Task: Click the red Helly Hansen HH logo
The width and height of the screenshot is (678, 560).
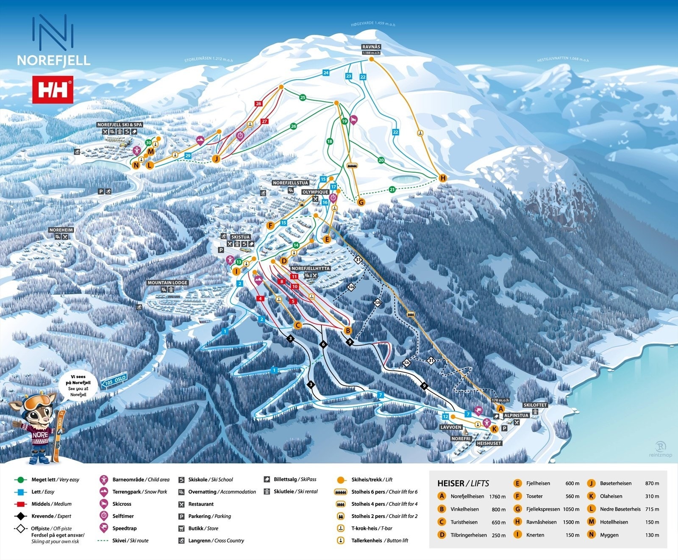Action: coord(53,90)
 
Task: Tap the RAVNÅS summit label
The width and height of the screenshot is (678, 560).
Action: coord(371,47)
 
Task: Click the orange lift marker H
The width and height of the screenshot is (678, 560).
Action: coord(443,178)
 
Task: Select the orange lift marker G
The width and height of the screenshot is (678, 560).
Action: coord(361,202)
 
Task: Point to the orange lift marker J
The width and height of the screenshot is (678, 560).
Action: coord(217,159)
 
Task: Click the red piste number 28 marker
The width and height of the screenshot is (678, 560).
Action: coord(258,103)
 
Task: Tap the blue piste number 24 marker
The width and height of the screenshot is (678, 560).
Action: coord(326,73)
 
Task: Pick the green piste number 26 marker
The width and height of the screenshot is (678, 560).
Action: coord(293,126)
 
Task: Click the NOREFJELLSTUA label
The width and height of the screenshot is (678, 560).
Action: coord(291,183)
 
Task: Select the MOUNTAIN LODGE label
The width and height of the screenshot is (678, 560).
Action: coord(167,283)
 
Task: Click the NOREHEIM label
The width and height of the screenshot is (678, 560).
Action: coord(61,230)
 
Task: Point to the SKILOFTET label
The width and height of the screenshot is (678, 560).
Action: coord(535,405)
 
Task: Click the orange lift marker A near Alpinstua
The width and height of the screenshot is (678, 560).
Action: coord(501,409)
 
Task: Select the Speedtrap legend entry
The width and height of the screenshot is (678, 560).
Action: coord(124,528)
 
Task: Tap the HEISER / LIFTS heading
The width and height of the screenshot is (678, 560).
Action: coord(463,483)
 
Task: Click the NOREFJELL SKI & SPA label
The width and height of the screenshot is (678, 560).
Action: coord(120,125)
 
